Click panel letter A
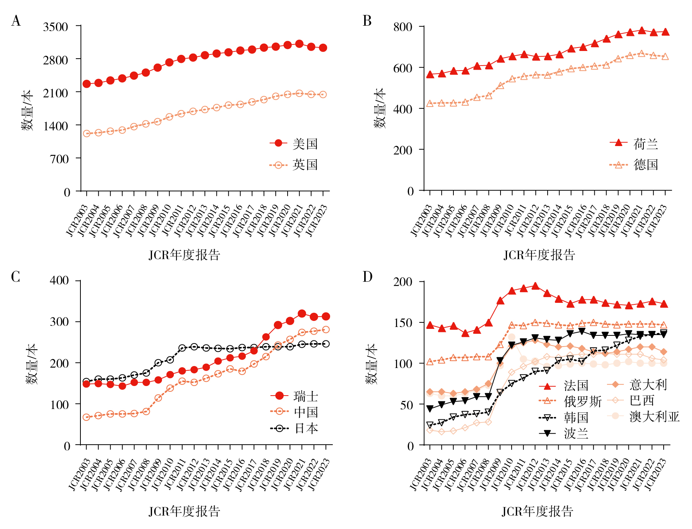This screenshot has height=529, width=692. click(x=16, y=21)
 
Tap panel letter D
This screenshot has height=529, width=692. click(x=367, y=276)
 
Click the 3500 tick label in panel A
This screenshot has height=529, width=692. click(x=56, y=27)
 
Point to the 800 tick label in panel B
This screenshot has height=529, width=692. click(x=403, y=27)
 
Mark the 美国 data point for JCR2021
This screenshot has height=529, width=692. click(x=299, y=44)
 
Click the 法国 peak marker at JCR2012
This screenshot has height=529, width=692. click(x=535, y=286)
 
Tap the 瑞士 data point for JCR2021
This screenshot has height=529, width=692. click(x=302, y=314)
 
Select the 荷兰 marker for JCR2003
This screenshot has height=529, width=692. click(x=430, y=74)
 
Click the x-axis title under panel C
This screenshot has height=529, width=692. click(x=184, y=511)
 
